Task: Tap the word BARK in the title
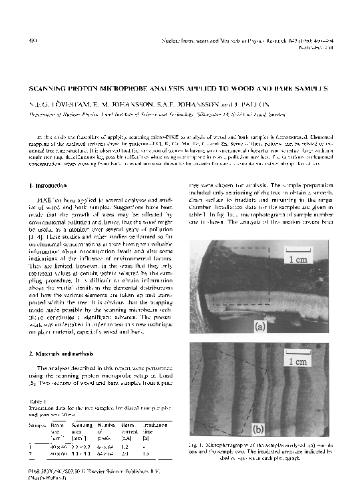tap(297, 88)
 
